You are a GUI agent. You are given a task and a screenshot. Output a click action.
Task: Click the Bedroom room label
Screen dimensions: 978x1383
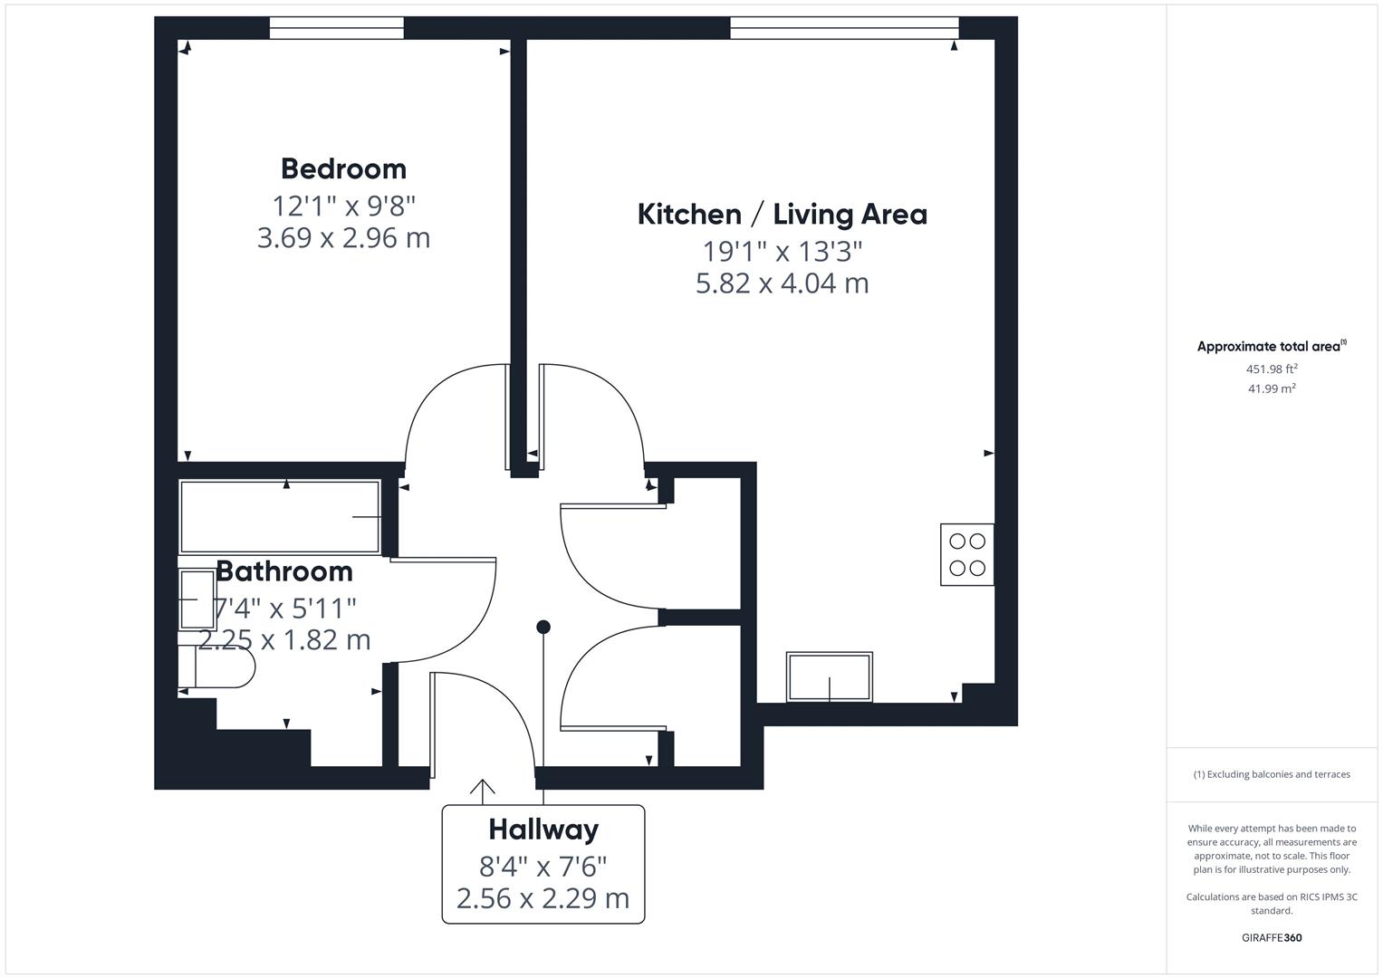(343, 168)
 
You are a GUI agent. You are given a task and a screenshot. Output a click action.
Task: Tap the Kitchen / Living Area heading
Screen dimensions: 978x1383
(782, 215)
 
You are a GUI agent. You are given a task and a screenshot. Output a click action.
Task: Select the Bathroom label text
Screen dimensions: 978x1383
(283, 571)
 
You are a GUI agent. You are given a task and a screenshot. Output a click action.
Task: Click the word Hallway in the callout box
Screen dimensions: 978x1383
(543, 829)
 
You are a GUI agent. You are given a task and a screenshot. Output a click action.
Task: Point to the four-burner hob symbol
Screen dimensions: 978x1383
(966, 554)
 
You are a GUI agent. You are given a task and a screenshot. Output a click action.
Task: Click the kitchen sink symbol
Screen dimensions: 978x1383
(829, 677)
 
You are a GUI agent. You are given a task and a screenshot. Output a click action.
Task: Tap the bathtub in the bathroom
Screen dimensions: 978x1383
(279, 516)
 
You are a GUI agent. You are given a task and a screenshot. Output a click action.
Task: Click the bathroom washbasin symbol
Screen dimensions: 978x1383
(197, 599)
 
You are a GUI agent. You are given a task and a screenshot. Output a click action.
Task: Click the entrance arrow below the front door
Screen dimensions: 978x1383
(483, 791)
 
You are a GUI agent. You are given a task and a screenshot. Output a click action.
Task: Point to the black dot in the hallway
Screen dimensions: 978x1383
(543, 627)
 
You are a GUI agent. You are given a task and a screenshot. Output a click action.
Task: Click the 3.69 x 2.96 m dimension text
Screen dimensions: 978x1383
(343, 238)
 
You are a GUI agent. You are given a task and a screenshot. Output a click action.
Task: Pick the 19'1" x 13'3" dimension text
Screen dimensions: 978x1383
(782, 251)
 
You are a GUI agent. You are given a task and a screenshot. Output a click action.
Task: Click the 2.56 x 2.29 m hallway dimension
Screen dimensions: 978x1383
(543, 898)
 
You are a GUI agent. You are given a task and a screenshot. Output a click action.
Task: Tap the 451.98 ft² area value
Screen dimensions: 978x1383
(1272, 369)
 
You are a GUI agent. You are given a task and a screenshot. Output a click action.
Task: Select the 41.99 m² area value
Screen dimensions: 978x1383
(1272, 388)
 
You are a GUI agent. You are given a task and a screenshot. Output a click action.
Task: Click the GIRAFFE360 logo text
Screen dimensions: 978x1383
(1272, 937)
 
